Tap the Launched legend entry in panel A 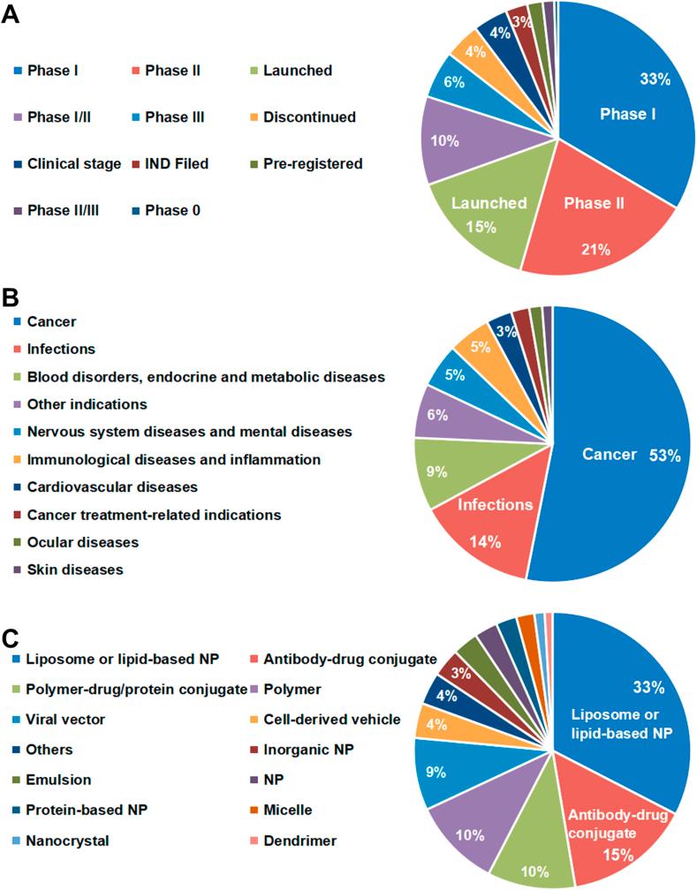pyautogui.click(x=298, y=70)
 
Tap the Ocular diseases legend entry pyautogui.click(x=71, y=541)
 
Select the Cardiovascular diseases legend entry pyautogui.click(x=112, y=486)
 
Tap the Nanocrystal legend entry pyautogui.click(x=67, y=840)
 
